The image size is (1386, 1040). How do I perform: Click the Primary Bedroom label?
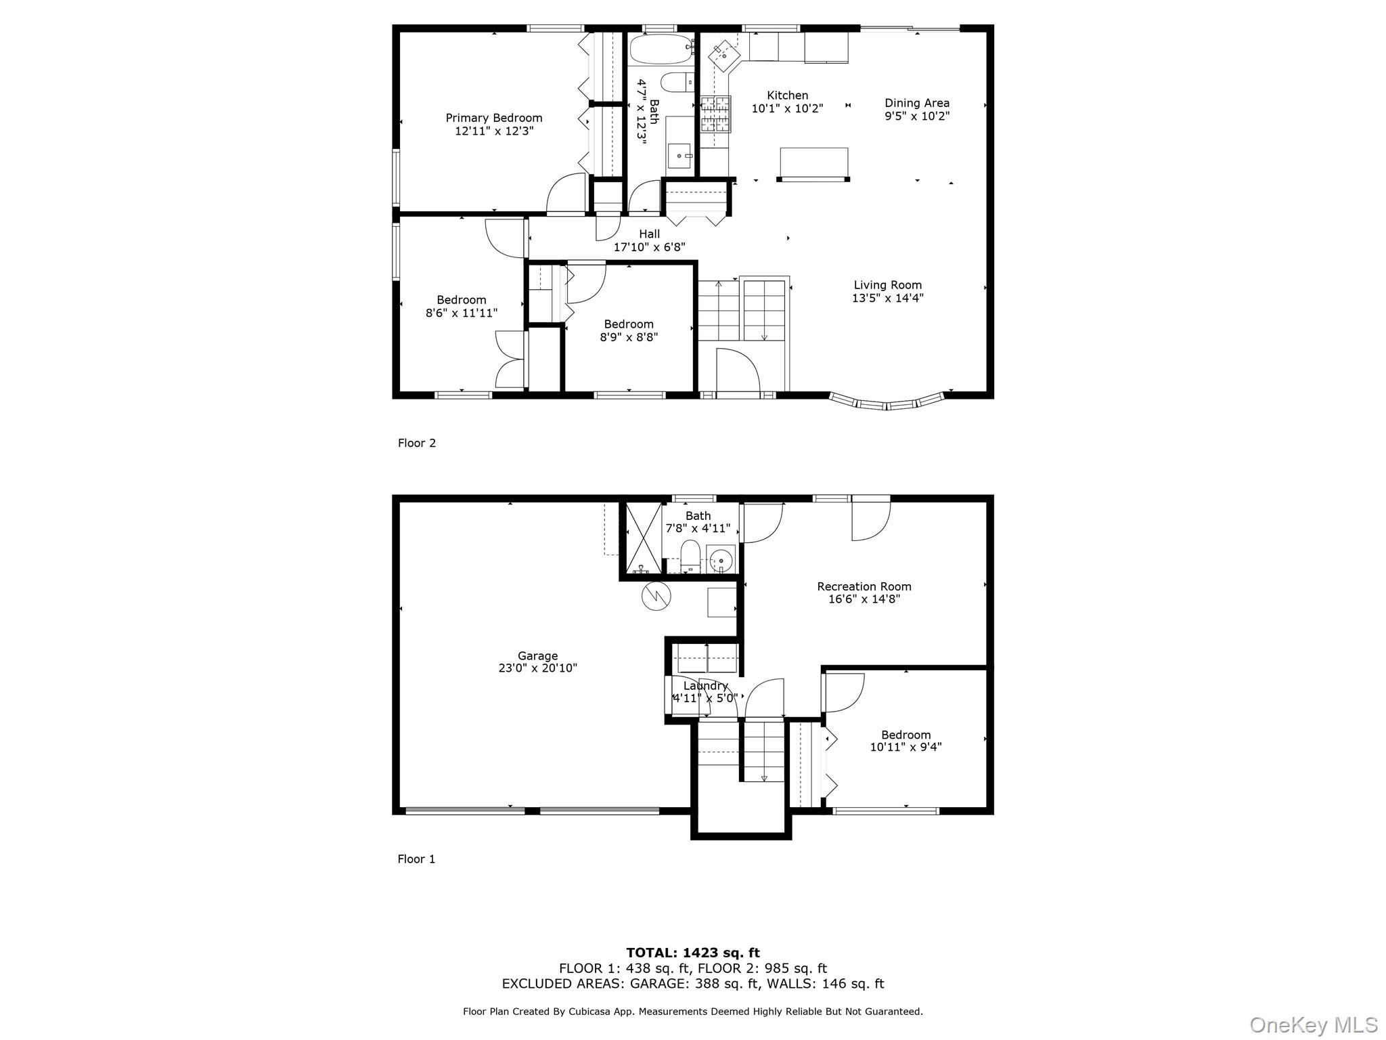tap(494, 118)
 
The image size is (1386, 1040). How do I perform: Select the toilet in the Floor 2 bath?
tap(675, 83)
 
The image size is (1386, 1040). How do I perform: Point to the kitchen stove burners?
tap(715, 114)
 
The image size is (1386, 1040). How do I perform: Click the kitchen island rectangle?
tap(813, 162)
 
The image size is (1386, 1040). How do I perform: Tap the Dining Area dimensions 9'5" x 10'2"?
tap(917, 116)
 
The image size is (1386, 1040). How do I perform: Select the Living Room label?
tap(887, 285)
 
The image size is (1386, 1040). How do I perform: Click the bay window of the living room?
tap(887, 404)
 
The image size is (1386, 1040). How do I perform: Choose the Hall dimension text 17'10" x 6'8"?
tap(649, 247)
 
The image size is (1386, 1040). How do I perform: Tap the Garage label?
tap(537, 655)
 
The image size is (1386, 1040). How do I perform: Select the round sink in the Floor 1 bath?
tap(721, 561)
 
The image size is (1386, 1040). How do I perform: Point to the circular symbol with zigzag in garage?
tap(656, 596)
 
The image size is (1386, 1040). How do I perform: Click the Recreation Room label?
tap(864, 586)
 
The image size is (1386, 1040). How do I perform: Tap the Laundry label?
tap(705, 686)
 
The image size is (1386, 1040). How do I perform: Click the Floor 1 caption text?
tap(416, 859)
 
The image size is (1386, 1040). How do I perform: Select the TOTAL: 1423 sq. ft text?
tap(692, 953)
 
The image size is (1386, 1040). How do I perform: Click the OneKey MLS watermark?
tap(1313, 1024)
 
